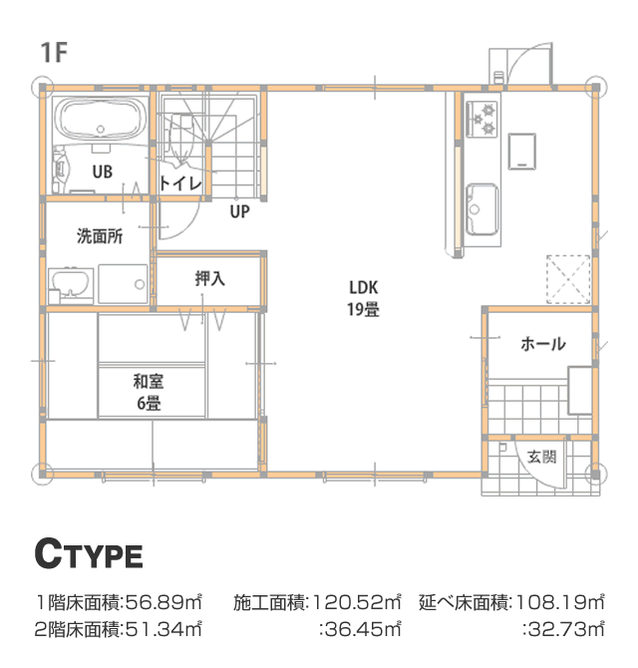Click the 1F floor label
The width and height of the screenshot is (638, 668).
coord(54,53)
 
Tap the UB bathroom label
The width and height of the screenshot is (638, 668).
coord(103,171)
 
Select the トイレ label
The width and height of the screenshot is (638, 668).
coord(180,183)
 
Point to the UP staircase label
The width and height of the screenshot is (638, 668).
coord(240,211)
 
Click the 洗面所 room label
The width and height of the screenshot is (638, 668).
coord(100,236)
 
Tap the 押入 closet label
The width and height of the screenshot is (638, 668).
coord(209,278)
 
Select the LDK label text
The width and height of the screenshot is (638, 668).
coord(363,287)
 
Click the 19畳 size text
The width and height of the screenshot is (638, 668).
coord(363,309)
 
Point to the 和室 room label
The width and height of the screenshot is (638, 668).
coord(149,381)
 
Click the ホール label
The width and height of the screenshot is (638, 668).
coord(543,344)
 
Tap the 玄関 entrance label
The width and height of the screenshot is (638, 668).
coord(541,457)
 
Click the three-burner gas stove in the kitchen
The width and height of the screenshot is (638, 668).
coord(482,120)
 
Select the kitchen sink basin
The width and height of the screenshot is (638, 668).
coord(482,209)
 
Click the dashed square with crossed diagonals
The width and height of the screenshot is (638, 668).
coord(568,279)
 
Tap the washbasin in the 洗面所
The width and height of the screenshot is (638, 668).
coord(71,284)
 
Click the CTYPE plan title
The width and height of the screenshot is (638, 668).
coord(89,553)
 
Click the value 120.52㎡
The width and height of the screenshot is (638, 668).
coord(357,603)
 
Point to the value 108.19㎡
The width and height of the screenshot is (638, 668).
coord(559,603)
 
